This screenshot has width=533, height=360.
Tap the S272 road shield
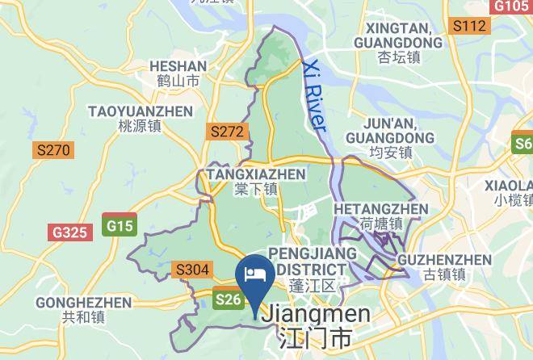(x=226, y=131)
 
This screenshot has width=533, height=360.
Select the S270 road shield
(x=53, y=149)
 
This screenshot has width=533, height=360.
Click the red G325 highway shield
(x=69, y=232)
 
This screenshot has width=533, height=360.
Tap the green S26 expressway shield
(x=228, y=299)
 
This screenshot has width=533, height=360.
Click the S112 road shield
(x=469, y=27)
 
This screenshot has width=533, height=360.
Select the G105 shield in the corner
(x=511, y=6)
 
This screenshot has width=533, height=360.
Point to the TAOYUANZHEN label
(x=140, y=111)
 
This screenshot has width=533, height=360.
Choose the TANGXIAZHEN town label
(x=256, y=174)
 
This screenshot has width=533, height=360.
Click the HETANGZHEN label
(x=381, y=209)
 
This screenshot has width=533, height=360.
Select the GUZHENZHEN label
(x=445, y=260)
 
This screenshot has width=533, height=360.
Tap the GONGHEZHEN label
(x=83, y=303)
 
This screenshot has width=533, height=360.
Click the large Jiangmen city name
(x=317, y=314)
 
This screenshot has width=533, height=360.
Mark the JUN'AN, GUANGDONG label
(x=391, y=130)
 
